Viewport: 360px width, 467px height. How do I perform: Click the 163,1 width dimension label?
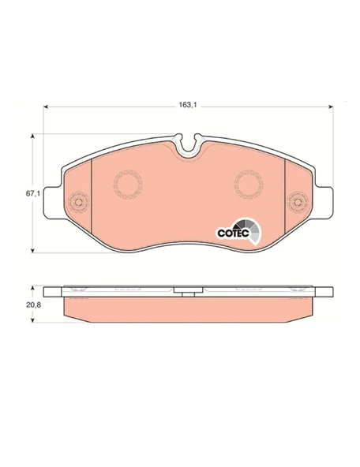(188, 105)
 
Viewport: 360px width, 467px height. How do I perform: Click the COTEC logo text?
(233, 233)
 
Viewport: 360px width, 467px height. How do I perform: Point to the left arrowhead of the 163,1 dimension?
(46, 106)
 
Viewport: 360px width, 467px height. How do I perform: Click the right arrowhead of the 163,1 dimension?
(331, 106)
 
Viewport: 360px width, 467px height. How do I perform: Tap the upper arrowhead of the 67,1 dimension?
(33, 136)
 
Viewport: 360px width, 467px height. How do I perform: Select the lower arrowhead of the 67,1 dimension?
(33, 250)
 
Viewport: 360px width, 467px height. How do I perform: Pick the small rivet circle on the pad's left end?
(78, 202)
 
